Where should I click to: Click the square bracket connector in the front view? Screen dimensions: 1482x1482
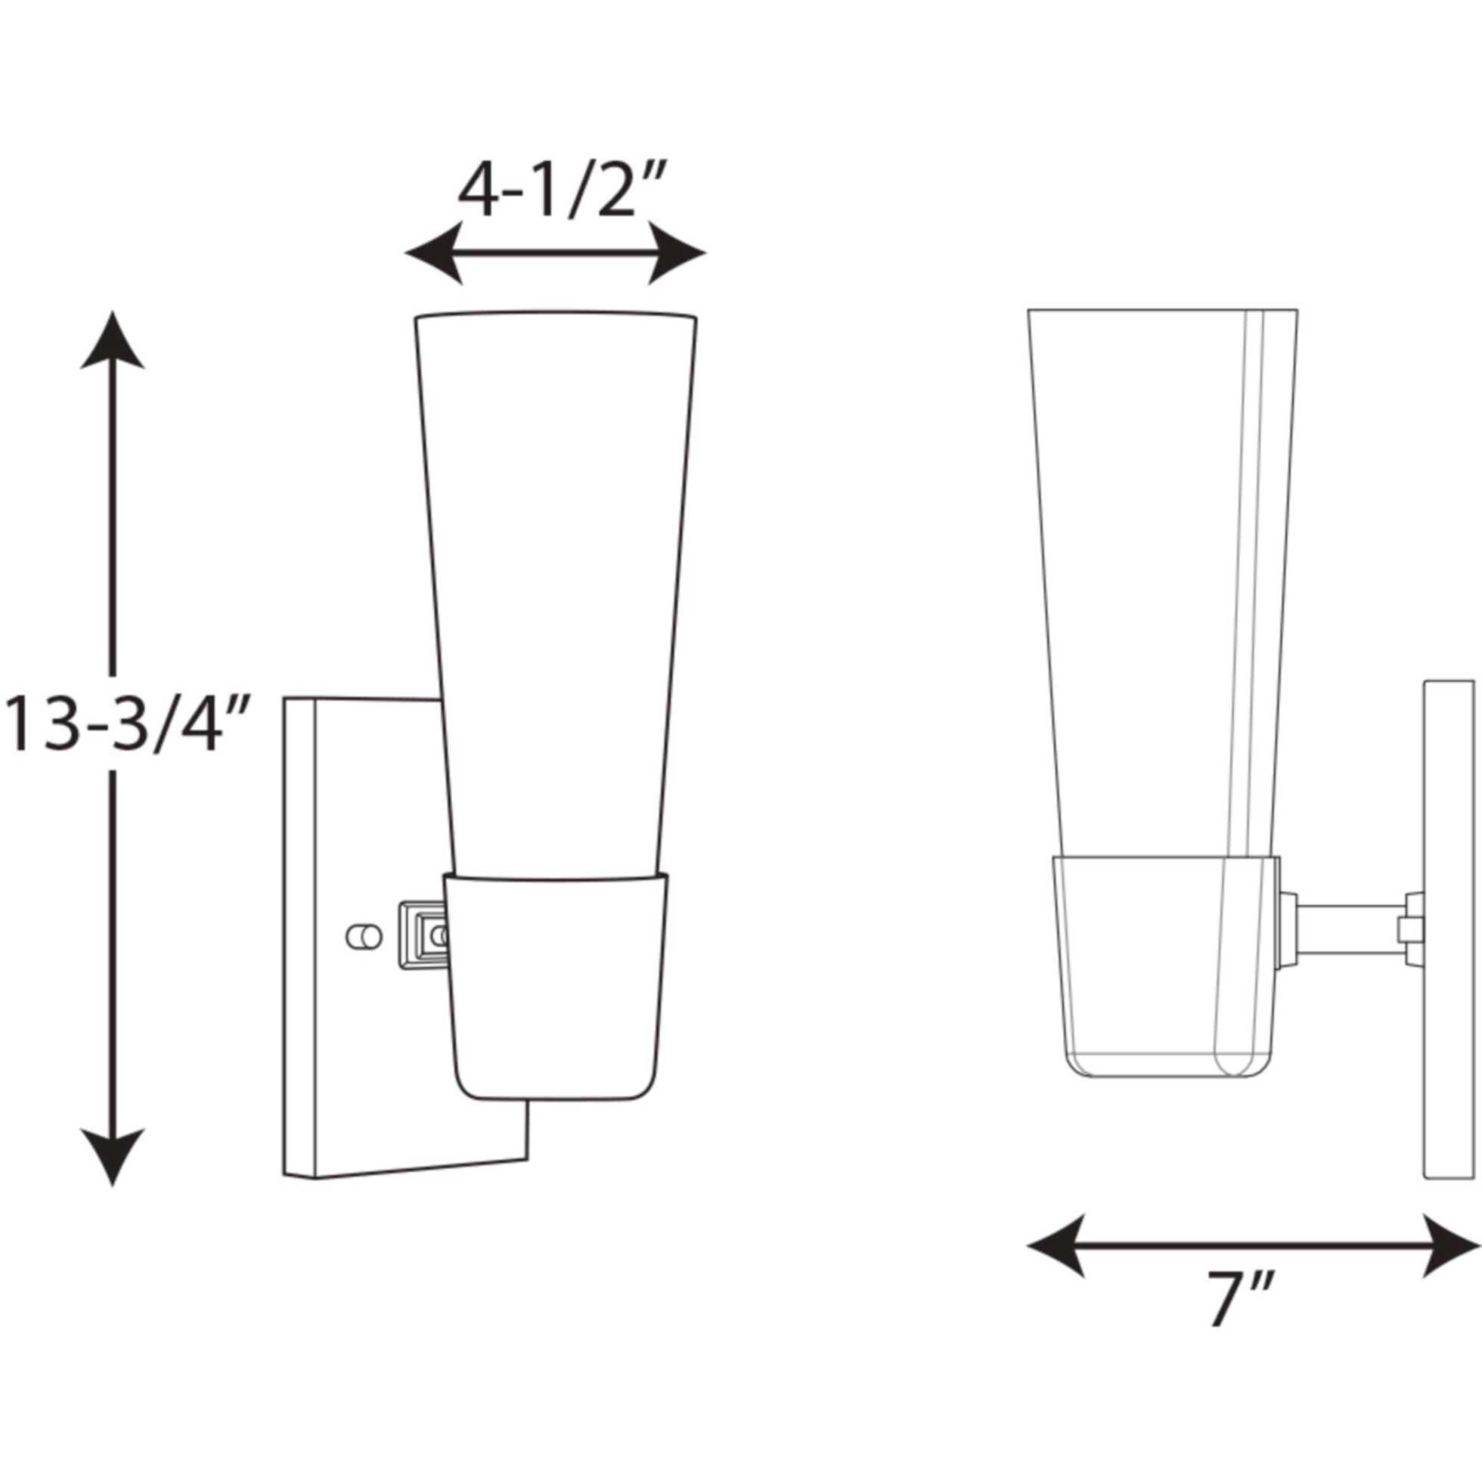pos(420,935)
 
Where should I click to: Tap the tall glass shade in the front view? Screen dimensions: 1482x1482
pos(555,583)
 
